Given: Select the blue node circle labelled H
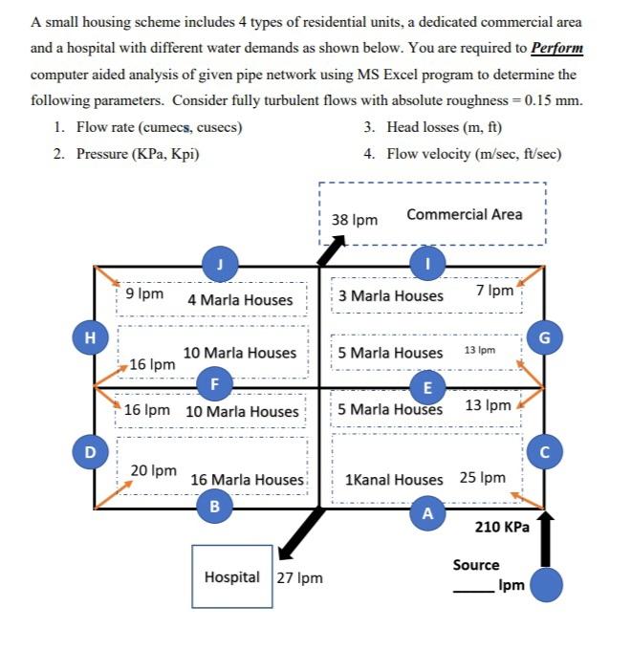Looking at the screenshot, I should coord(90,336).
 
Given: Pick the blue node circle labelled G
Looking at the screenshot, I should coord(544,336).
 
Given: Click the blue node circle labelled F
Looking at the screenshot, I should coord(214,384).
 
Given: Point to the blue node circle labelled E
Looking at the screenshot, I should coord(426,386).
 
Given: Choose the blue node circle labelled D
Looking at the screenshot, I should coord(90,449).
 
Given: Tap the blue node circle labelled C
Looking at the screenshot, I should coord(544,449).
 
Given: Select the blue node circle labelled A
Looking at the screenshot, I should coord(426,512).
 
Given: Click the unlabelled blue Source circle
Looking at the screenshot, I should coord(546,584).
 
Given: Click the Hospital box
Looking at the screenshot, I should coord(232,576).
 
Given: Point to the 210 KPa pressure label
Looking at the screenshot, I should coord(502,527).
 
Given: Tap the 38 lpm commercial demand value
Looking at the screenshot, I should coord(355,219).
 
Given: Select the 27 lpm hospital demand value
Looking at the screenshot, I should coord(300,577).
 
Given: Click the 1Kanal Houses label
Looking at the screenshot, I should coord(394,478).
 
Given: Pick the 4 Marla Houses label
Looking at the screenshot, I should coord(240,299).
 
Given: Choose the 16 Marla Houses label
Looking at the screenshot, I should coord(247,479).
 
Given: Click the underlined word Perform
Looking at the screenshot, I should coord(557,48).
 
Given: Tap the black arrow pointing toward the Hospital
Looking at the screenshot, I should coord(307,531).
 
